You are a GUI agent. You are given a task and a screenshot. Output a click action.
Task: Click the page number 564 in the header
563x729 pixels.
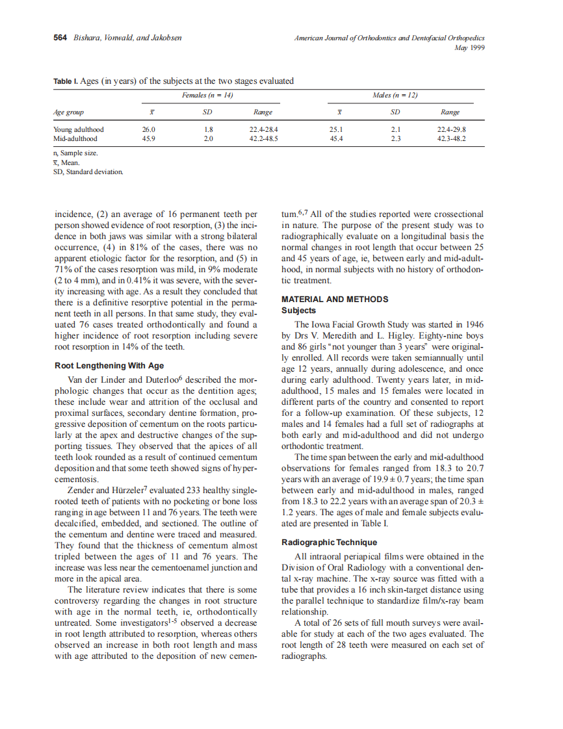[x=60, y=38]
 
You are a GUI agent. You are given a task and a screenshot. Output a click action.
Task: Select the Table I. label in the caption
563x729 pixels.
[x=65, y=81]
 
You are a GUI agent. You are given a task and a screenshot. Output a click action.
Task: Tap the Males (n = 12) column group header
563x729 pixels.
[x=395, y=96]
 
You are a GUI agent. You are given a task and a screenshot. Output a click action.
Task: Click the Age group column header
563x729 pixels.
[x=68, y=112]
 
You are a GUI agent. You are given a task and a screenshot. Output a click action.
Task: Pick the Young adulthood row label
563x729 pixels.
[x=78, y=129]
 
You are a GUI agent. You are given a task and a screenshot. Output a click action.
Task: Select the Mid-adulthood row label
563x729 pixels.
[x=75, y=138]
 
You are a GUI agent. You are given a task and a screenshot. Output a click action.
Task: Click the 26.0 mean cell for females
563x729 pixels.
[x=149, y=129]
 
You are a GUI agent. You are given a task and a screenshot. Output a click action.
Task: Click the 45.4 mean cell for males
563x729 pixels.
[x=337, y=138]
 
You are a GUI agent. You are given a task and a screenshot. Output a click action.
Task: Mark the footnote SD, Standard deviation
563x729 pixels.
[x=88, y=172]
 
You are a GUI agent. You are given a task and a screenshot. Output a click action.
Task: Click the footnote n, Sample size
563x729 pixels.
[x=76, y=154]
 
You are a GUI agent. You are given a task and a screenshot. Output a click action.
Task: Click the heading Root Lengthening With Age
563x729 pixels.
[x=109, y=366]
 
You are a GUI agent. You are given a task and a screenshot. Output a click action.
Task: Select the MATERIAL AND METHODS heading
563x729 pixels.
[x=335, y=300]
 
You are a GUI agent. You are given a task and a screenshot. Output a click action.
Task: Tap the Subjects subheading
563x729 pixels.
[x=298, y=311]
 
